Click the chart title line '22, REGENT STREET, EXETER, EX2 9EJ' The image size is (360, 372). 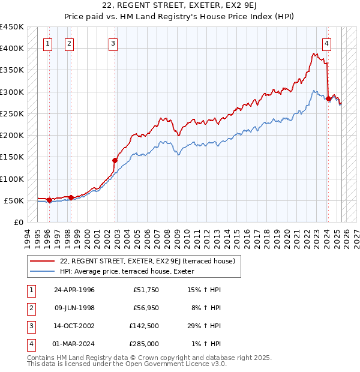click(179, 7)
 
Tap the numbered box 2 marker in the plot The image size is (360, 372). click(70, 43)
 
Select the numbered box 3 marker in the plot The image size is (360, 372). click(113, 43)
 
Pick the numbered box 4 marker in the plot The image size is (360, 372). click(326, 43)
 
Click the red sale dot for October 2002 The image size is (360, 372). click(115, 160)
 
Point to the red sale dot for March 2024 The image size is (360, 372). click(328, 98)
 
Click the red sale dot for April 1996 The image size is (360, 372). click(49, 200)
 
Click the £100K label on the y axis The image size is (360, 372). click(12, 179)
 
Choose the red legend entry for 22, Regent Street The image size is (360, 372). click(151, 261)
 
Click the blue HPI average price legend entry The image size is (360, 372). click(131, 272)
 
